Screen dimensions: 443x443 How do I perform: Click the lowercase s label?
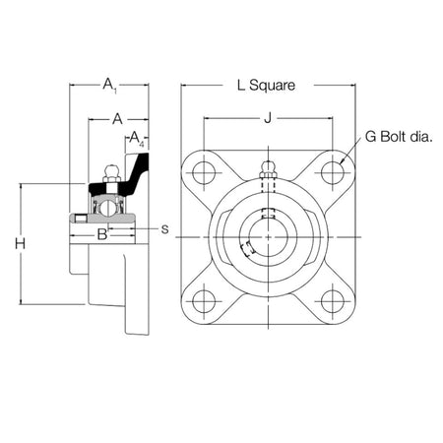click(164, 228)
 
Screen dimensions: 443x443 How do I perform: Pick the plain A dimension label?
click(116, 118)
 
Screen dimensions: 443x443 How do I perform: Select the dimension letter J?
click(267, 120)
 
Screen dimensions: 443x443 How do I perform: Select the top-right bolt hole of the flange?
click(331, 173)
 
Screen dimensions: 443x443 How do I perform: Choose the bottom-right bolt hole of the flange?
click(331, 300)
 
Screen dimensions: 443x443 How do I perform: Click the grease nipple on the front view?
click(267, 167)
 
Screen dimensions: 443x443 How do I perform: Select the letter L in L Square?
click(240, 86)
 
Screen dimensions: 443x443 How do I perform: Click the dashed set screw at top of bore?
click(267, 214)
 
